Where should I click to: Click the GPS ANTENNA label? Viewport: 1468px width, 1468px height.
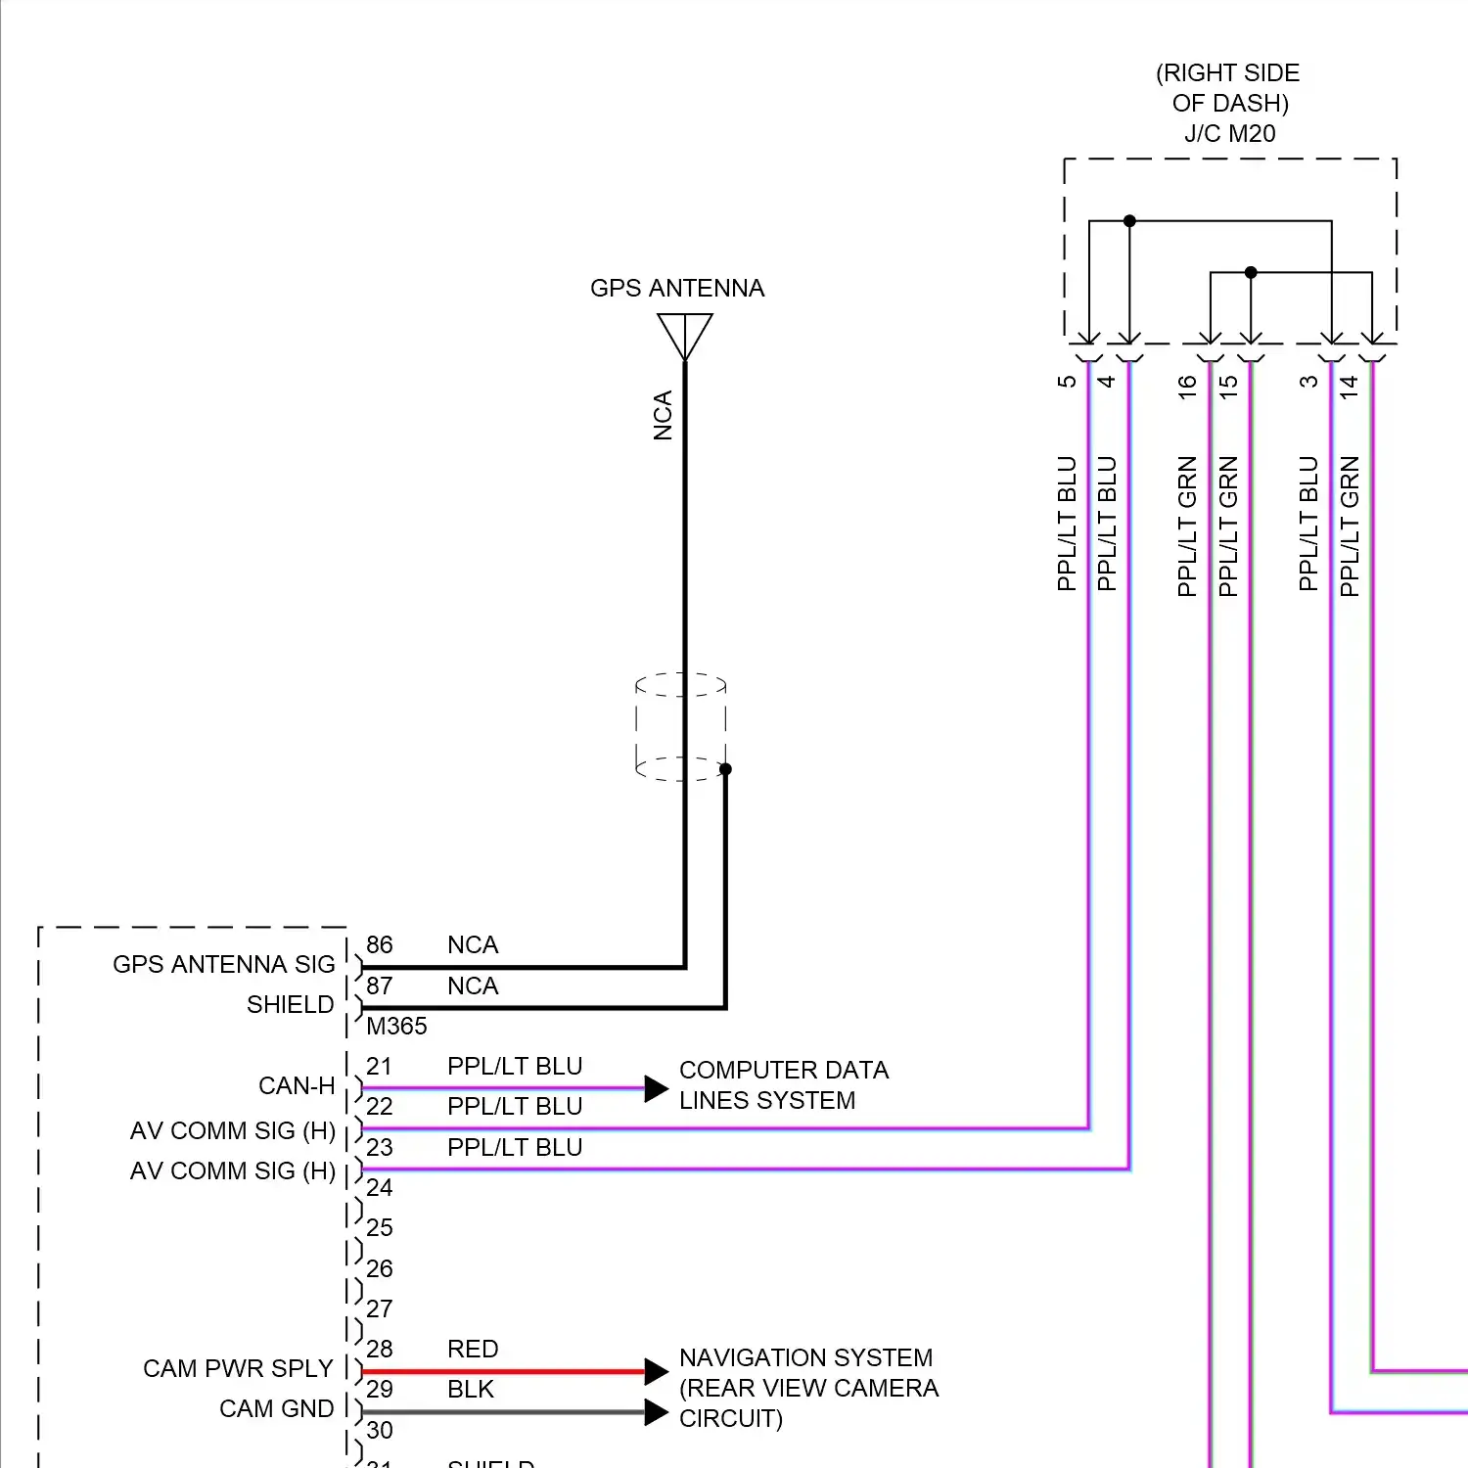tap(677, 288)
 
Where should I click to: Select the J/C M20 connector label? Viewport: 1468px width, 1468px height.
tap(1229, 134)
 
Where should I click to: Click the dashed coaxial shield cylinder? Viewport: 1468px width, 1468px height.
tap(681, 726)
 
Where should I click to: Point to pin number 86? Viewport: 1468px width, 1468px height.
tap(379, 945)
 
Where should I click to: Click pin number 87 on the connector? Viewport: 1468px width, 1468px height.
tap(379, 986)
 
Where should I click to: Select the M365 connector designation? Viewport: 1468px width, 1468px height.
tap(396, 1027)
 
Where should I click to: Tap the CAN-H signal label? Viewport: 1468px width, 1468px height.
tap(297, 1086)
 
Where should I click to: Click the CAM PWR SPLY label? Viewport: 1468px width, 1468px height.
tap(238, 1368)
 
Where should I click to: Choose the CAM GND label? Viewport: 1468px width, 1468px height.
tap(276, 1408)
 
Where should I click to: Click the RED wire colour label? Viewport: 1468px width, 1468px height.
tap(473, 1350)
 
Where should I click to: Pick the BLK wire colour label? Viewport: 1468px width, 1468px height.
tap(471, 1390)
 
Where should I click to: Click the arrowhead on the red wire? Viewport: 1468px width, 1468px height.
tap(657, 1371)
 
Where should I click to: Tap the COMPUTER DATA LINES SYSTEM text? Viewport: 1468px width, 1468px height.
tap(783, 1085)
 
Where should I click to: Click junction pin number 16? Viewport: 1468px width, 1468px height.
tap(1187, 386)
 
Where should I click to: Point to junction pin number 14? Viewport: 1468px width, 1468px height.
tap(1350, 386)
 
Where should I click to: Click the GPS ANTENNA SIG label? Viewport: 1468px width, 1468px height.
tap(223, 965)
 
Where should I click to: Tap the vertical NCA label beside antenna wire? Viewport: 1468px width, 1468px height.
tap(664, 416)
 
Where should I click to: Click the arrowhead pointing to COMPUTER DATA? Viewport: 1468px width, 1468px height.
tap(657, 1088)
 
